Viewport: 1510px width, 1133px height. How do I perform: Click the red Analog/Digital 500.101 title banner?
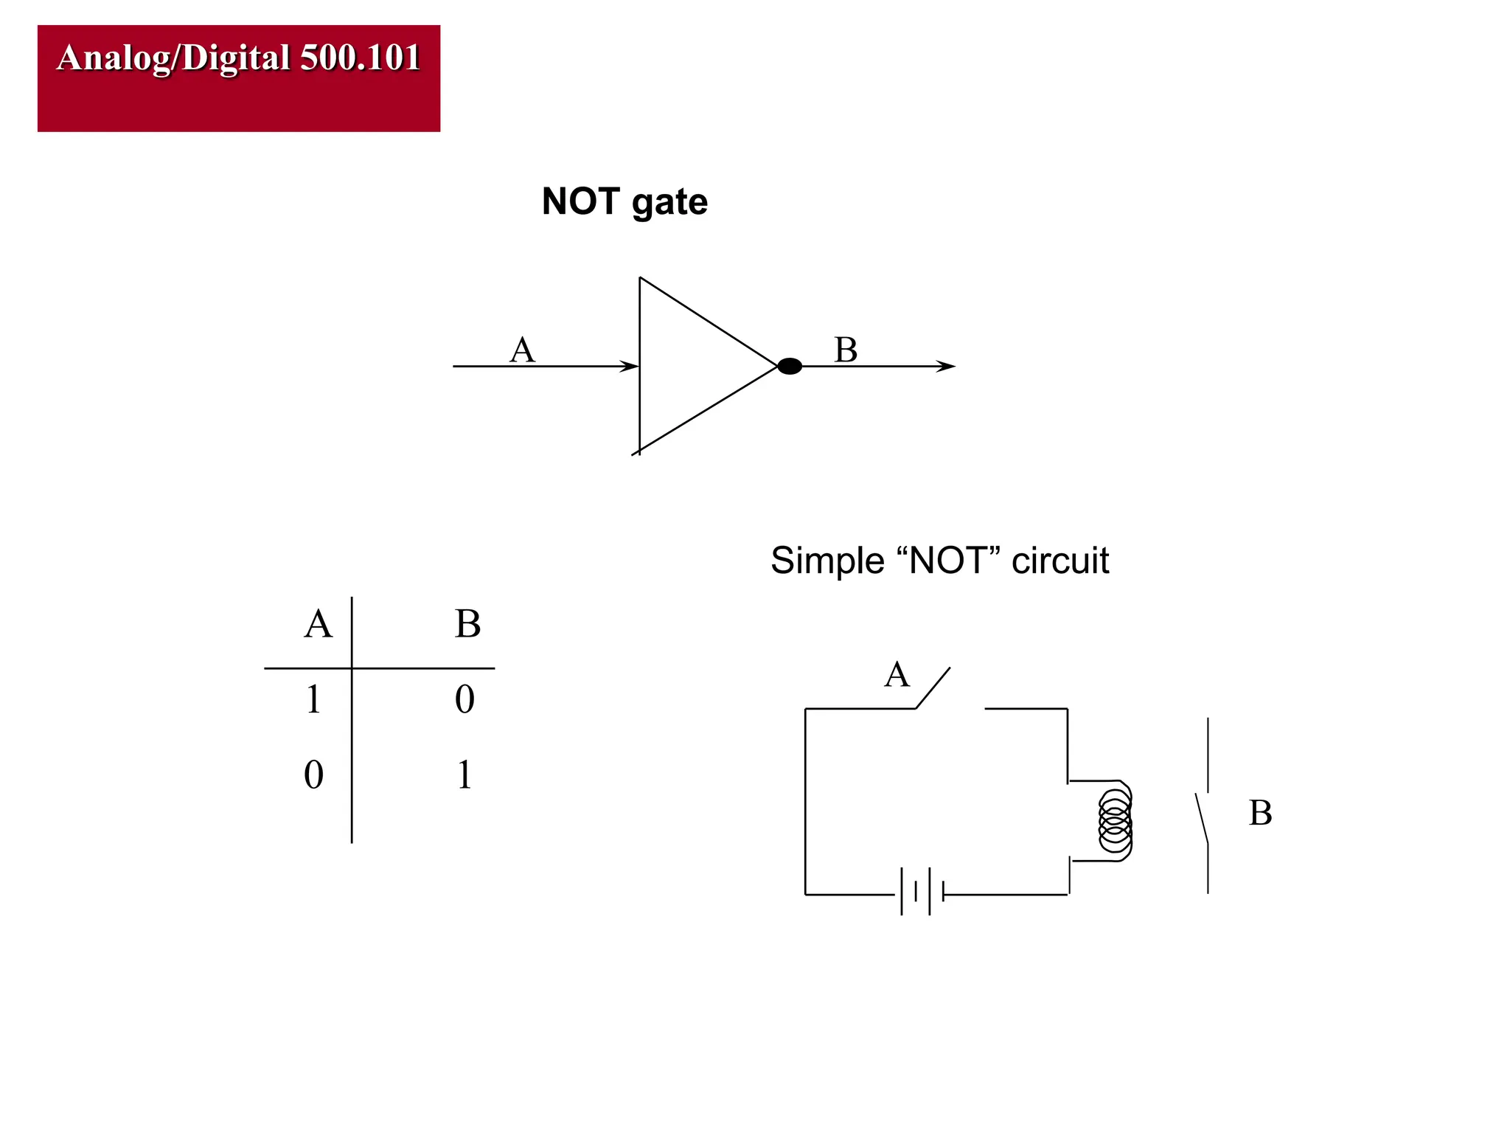238,78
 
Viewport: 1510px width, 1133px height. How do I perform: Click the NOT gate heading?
624,201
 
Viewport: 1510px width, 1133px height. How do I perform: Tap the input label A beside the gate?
522,350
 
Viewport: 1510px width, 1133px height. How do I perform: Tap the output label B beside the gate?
846,350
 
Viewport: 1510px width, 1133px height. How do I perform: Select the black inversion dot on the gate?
790,366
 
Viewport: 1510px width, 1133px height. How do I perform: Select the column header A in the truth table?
319,624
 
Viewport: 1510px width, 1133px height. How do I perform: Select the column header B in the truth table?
467,624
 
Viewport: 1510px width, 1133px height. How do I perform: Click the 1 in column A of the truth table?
313,699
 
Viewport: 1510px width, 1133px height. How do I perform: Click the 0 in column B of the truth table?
465,699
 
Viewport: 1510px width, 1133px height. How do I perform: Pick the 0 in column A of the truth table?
313,775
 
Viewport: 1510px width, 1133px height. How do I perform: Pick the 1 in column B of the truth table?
464,775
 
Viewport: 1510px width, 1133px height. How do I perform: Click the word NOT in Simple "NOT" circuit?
947,561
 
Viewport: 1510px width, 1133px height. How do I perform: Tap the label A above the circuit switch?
897,674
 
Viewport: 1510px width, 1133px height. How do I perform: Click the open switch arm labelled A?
933,688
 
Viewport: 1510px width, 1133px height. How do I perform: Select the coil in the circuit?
1115,820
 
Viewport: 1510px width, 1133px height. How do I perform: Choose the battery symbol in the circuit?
922,893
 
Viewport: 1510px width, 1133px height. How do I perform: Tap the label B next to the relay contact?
1260,813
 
